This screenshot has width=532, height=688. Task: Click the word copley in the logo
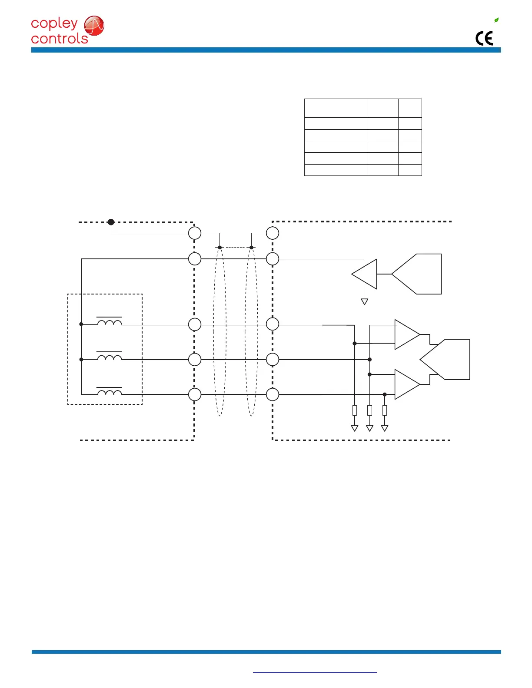tap(54, 24)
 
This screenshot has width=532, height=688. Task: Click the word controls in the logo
tap(60, 39)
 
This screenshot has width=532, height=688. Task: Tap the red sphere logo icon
tap(94, 26)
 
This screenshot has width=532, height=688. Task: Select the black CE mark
tap(484, 39)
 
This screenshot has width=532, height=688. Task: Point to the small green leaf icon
tap(496, 20)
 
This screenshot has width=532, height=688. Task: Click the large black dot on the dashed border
tap(111, 222)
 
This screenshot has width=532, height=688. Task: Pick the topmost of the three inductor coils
tap(109, 323)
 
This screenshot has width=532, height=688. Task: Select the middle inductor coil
tap(109, 357)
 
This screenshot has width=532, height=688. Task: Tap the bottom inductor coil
tap(109, 393)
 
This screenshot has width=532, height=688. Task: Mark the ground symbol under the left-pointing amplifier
tap(365, 301)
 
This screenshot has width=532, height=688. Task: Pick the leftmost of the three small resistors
tap(355, 410)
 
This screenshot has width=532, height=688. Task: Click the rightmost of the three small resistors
tap(385, 410)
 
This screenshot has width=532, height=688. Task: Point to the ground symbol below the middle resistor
tap(369, 428)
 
